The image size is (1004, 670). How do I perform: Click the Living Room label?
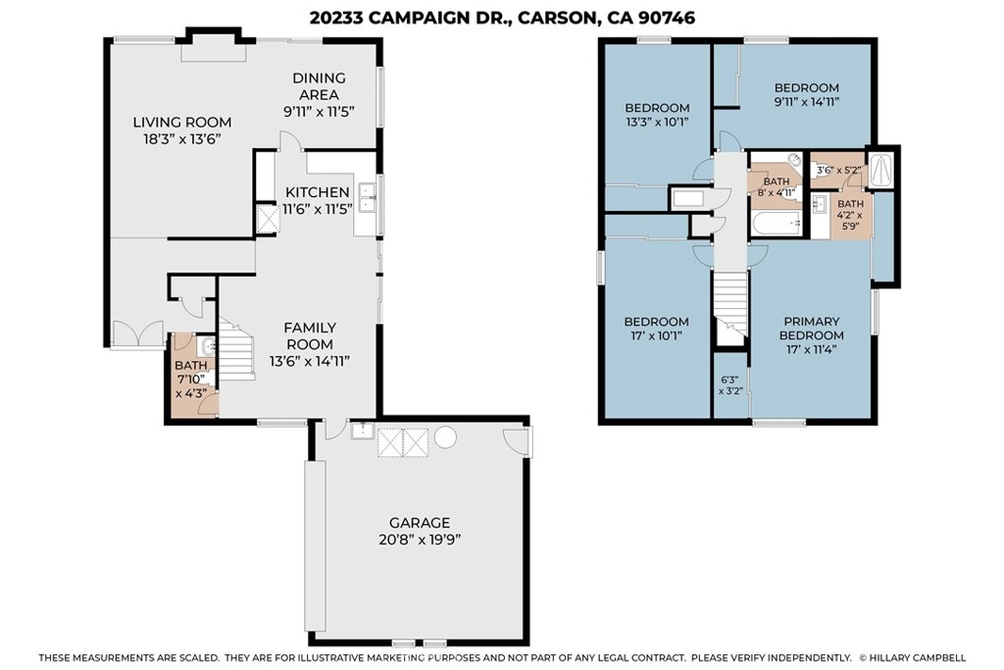181,123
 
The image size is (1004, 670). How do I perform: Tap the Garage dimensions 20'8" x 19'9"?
420,540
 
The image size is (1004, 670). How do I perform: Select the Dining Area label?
319,86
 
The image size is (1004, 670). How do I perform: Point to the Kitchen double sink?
368,197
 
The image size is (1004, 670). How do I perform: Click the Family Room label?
310,335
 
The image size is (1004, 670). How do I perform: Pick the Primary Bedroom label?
811,328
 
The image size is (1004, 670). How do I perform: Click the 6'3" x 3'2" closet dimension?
729,385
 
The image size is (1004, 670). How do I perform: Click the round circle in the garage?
445,438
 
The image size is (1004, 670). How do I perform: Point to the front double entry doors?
137,335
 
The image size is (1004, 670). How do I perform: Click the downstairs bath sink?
208,346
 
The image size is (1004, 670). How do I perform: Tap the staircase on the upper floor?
730,303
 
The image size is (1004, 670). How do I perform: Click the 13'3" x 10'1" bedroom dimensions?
657,121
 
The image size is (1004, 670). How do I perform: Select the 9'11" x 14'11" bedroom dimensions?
806,101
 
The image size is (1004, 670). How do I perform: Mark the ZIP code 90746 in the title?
667,18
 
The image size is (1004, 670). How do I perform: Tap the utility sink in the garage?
363,431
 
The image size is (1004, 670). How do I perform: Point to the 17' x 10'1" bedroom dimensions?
657,335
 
